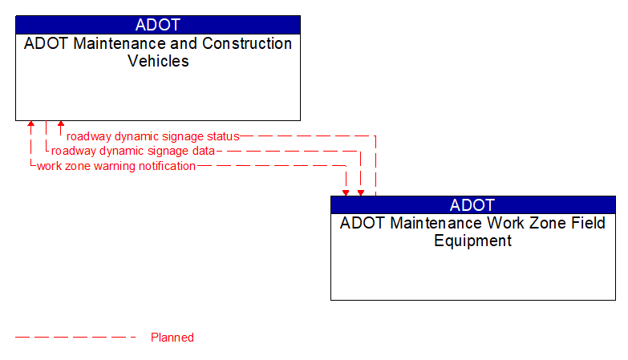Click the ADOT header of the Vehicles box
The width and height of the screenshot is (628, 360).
[x=158, y=25]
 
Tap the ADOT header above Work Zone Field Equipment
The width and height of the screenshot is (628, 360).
[x=472, y=204]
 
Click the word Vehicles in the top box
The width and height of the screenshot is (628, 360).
[x=158, y=61]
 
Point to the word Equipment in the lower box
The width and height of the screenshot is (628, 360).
[x=472, y=241]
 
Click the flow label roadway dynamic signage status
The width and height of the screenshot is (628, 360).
[x=152, y=136]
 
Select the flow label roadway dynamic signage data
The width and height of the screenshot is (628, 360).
[x=133, y=151]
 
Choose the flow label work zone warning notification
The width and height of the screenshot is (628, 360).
[x=116, y=166]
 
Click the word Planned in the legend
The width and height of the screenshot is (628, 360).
[x=172, y=338]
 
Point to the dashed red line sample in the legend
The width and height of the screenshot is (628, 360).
[x=76, y=338]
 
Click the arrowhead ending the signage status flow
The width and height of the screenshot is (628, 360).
[x=61, y=125]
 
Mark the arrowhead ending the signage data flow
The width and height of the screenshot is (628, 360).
[x=360, y=192]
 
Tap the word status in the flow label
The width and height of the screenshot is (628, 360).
[x=222, y=136]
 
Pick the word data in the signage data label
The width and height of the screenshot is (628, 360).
[x=202, y=151]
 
